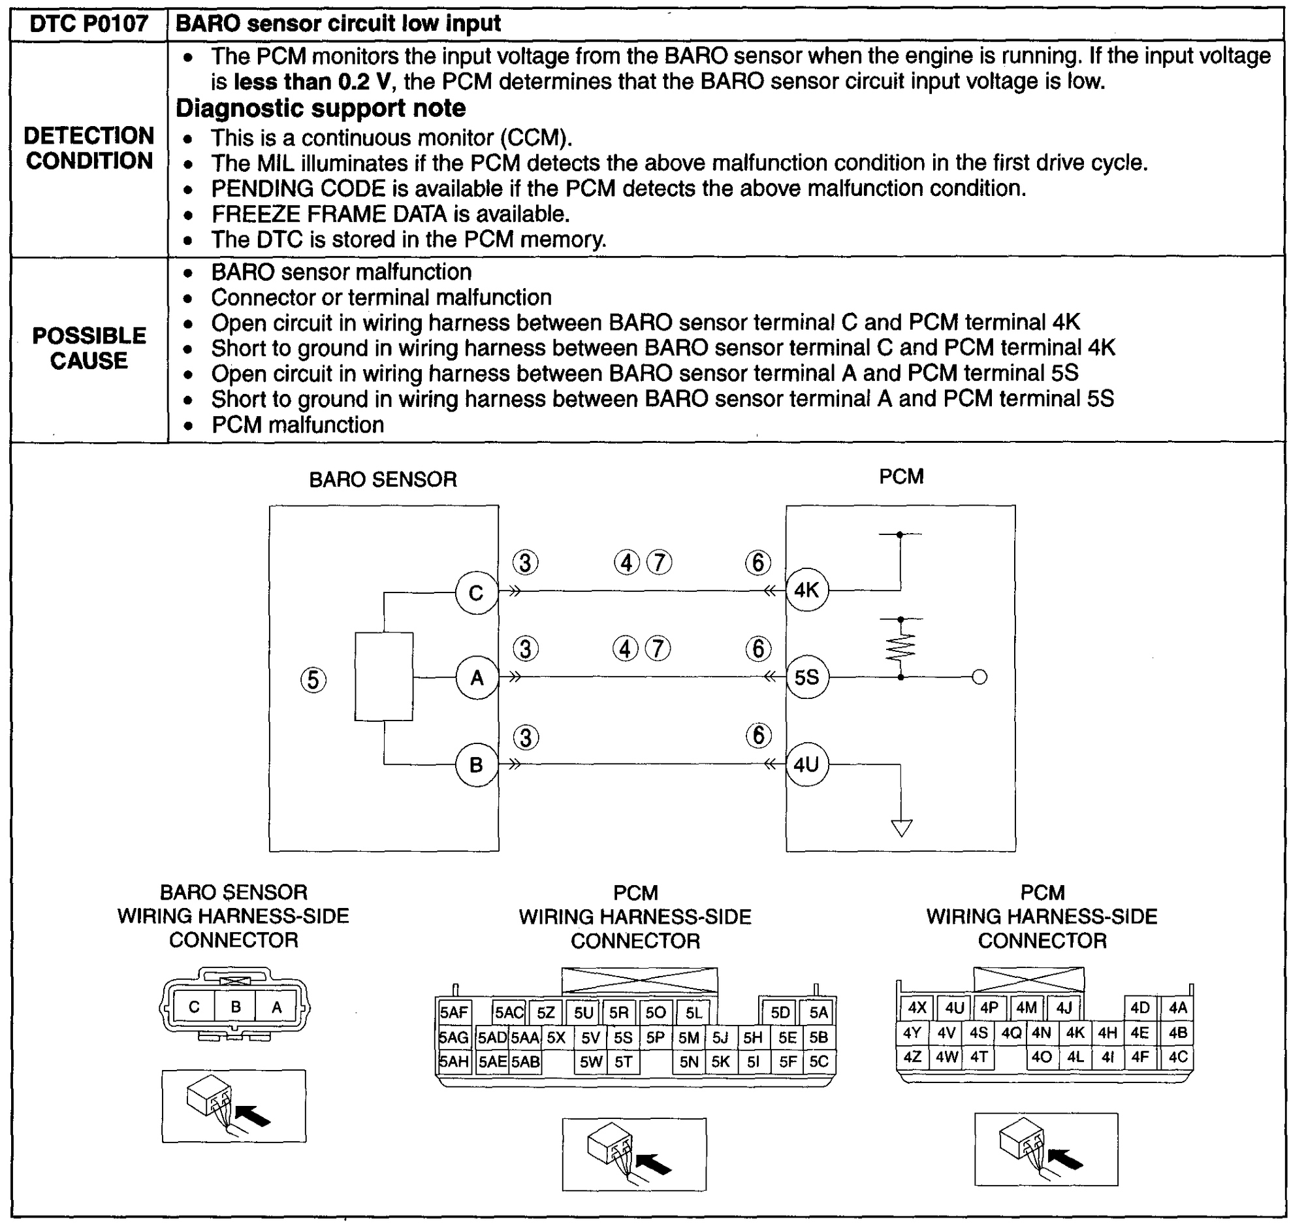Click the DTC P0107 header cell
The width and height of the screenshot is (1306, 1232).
(x=89, y=24)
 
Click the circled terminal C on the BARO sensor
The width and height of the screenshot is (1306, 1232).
(x=476, y=592)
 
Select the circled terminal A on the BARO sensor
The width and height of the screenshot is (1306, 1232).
(x=476, y=677)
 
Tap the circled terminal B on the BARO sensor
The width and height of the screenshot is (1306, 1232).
(x=476, y=764)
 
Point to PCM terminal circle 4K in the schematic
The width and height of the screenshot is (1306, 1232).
(x=806, y=590)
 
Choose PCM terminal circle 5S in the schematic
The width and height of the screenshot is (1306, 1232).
(x=806, y=677)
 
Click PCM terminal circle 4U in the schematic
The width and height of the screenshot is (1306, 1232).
(x=806, y=764)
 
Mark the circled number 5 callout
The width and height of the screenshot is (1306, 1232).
(x=313, y=680)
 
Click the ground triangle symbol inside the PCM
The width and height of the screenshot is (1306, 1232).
(x=901, y=828)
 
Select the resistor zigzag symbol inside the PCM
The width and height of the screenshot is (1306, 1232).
(x=900, y=647)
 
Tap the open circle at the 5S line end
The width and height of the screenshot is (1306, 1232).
(x=979, y=677)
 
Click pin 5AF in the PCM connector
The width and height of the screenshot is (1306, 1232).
(x=453, y=1013)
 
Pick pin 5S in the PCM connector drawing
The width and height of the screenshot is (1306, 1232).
(x=622, y=1037)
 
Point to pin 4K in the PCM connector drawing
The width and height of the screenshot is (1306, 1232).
(x=1075, y=1033)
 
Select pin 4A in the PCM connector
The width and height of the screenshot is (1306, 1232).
(x=1177, y=1008)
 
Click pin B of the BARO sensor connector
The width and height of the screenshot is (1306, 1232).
(x=236, y=1007)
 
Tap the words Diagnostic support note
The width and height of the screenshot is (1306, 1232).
(x=321, y=108)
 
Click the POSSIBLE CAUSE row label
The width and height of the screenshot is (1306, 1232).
(x=89, y=348)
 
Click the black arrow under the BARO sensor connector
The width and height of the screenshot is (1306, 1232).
(x=253, y=1115)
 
